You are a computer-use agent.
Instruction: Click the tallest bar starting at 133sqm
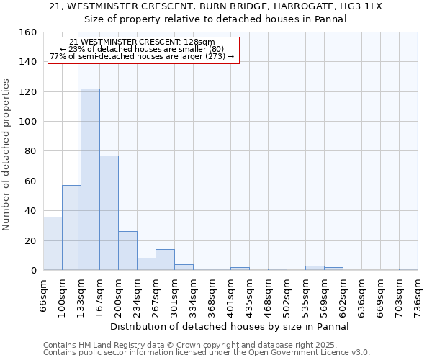[x=90, y=179]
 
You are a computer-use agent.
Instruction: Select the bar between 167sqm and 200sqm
[x=109, y=213]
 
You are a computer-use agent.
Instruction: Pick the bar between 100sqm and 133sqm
[x=71, y=228]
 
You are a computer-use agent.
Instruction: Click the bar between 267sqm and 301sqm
[x=165, y=260]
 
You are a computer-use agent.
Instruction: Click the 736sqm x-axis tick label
[x=418, y=295]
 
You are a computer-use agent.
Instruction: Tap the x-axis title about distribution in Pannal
[x=230, y=326]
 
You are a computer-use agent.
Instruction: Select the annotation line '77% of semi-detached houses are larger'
[x=142, y=56]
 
